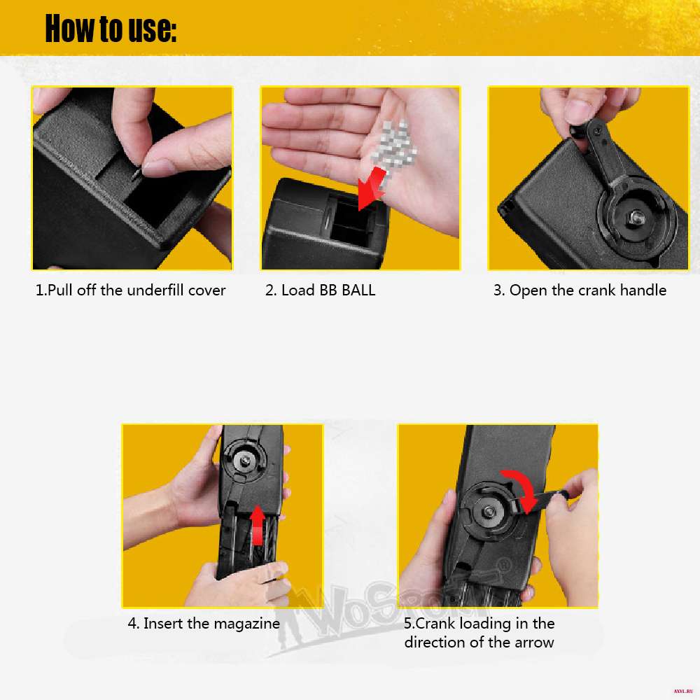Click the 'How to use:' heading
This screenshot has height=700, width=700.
tap(111, 29)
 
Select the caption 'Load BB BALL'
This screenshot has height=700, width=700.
tap(328, 290)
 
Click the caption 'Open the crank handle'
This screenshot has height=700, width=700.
tap(588, 290)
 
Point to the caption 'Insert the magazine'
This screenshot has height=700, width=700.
tap(211, 623)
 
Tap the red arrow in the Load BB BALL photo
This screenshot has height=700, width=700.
tap(372, 188)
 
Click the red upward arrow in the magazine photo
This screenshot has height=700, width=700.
tap(257, 525)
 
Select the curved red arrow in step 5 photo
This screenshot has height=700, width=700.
tap(523, 489)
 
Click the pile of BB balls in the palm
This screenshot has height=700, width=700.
tap(394, 145)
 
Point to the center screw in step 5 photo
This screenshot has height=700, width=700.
tap(488, 512)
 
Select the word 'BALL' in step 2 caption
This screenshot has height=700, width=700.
tap(358, 290)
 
